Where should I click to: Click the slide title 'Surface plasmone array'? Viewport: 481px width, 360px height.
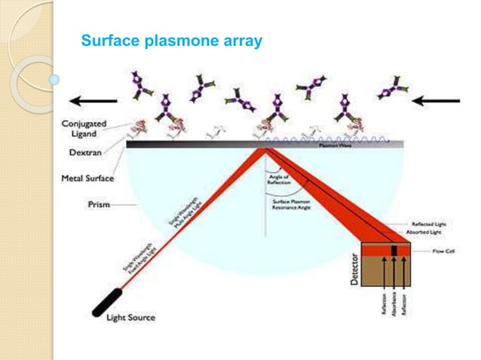[x=171, y=41]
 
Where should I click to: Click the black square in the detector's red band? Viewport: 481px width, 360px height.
[x=393, y=249]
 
